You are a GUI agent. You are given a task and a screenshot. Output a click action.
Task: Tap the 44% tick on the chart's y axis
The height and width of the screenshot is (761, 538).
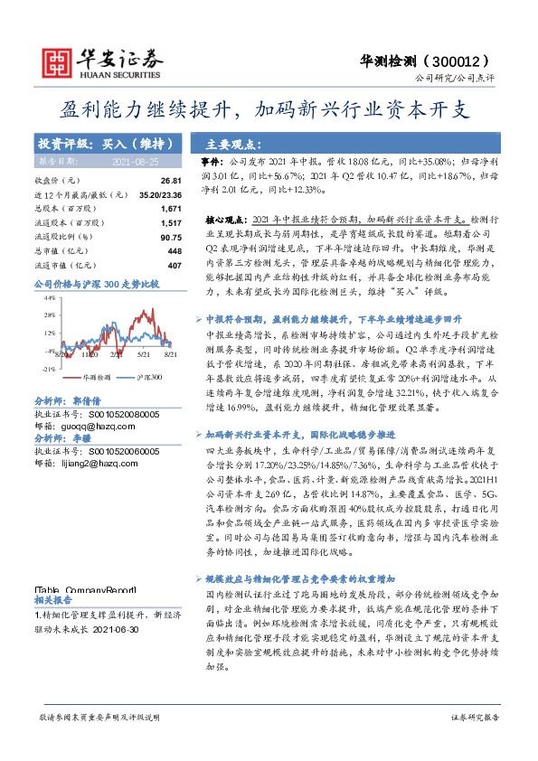51,296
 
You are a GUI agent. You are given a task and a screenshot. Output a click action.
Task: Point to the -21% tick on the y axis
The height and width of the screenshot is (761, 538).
50,369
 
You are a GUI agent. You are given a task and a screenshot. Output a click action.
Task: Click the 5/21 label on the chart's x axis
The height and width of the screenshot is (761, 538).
142,356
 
